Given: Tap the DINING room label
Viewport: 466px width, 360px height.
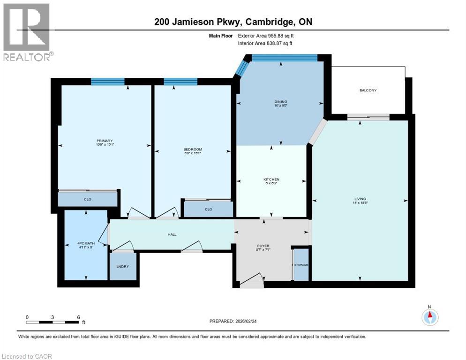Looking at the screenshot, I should click(281, 102).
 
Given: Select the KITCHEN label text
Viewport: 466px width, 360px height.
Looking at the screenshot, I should click(271, 180).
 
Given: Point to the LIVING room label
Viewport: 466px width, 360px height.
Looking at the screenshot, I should click(360, 199).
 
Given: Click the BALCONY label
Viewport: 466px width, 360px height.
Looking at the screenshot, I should click(368, 90).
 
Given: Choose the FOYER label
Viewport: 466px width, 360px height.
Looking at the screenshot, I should click(263, 246).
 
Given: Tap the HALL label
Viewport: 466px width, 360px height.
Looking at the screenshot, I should click(172, 234).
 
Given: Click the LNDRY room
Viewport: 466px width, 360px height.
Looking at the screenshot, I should click(122, 267).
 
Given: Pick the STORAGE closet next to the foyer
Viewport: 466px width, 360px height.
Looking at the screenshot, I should click(301, 265).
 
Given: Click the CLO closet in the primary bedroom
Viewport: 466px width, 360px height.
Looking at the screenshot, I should click(87, 200).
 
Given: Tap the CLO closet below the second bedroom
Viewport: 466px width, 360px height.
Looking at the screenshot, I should click(208, 209).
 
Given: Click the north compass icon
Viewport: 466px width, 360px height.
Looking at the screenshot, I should click(429, 317).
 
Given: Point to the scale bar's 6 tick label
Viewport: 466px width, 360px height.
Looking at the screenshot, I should click(78, 317).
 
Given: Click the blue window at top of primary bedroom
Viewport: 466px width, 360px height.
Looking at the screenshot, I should click(108, 82).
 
